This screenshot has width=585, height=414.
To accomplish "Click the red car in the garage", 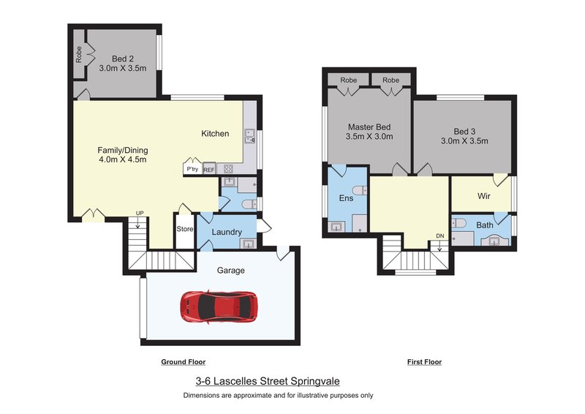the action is pyautogui.click(x=219, y=306).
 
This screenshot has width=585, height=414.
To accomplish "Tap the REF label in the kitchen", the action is pyautogui.click(x=209, y=170).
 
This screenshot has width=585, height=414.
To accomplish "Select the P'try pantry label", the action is pyautogui.click(x=192, y=169).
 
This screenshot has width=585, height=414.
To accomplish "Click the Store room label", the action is pyautogui.click(x=185, y=229).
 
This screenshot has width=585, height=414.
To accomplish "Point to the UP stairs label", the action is pyautogui.click(x=140, y=213).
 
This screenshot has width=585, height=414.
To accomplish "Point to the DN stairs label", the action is pyautogui.click(x=440, y=236).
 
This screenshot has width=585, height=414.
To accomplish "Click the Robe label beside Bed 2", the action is pyautogui.click(x=79, y=55).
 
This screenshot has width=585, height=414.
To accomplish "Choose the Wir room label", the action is pyautogui.click(x=484, y=196).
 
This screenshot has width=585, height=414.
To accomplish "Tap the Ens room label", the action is pyautogui.click(x=346, y=198).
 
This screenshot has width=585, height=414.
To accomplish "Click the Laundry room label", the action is pyautogui.click(x=227, y=232).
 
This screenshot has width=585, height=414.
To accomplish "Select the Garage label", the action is pyautogui.click(x=231, y=271).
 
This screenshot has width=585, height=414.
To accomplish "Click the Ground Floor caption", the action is pyautogui.click(x=184, y=362).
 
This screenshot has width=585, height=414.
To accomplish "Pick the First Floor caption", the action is pyautogui.click(x=425, y=362).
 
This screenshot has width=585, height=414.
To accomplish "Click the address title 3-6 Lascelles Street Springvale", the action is pyautogui.click(x=268, y=381).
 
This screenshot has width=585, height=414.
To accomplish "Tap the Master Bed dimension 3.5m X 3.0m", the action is pyautogui.click(x=369, y=137).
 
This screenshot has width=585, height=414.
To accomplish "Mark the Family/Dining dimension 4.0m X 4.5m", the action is pyautogui.click(x=123, y=159).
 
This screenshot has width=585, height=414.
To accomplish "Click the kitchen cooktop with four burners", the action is pyautogui.click(x=228, y=169).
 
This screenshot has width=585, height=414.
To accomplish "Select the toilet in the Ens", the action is pyautogui.click(x=361, y=190).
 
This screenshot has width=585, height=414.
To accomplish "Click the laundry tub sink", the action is pyautogui.click(x=248, y=244).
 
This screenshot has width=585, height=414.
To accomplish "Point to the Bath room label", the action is pyautogui.click(x=485, y=225).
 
